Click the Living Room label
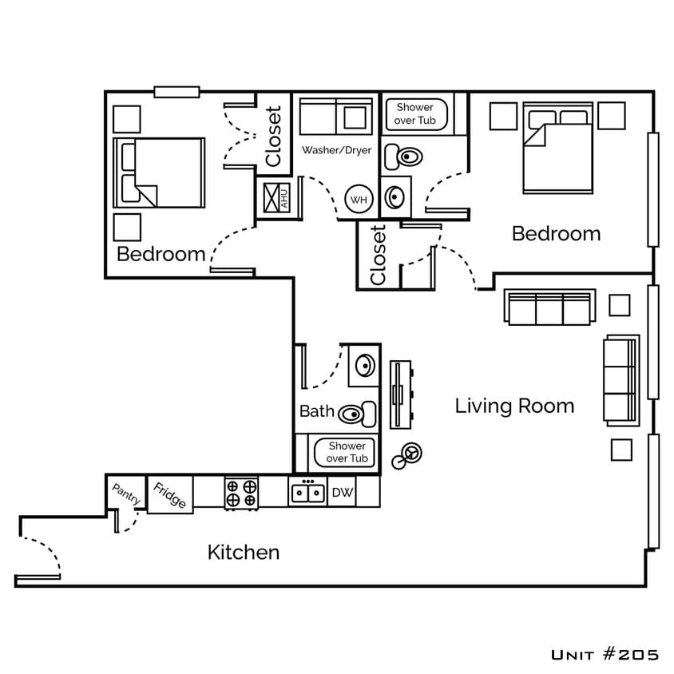tap(514, 406)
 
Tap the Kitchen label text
tap(244, 552)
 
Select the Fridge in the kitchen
tap(170, 495)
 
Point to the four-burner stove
tap(241, 493)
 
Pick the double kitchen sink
tap(307, 493)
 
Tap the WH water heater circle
tap(359, 200)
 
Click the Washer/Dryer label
tap(336, 150)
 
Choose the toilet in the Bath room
tap(358, 414)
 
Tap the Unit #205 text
tap(605, 655)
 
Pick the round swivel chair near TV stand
tap(412, 453)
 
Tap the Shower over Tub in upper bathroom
tap(415, 113)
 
